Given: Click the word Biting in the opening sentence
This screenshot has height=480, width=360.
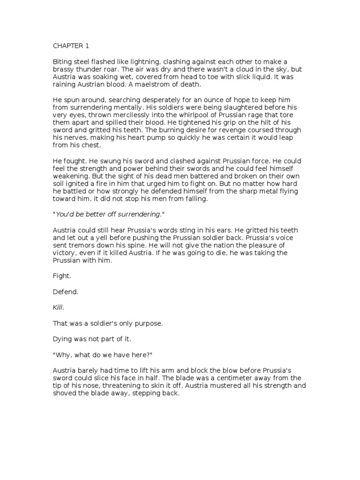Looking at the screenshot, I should click(x=61, y=62).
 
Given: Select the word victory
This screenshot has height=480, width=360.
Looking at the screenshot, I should click(x=63, y=253).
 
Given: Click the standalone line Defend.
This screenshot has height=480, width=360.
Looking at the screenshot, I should click(x=65, y=292).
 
